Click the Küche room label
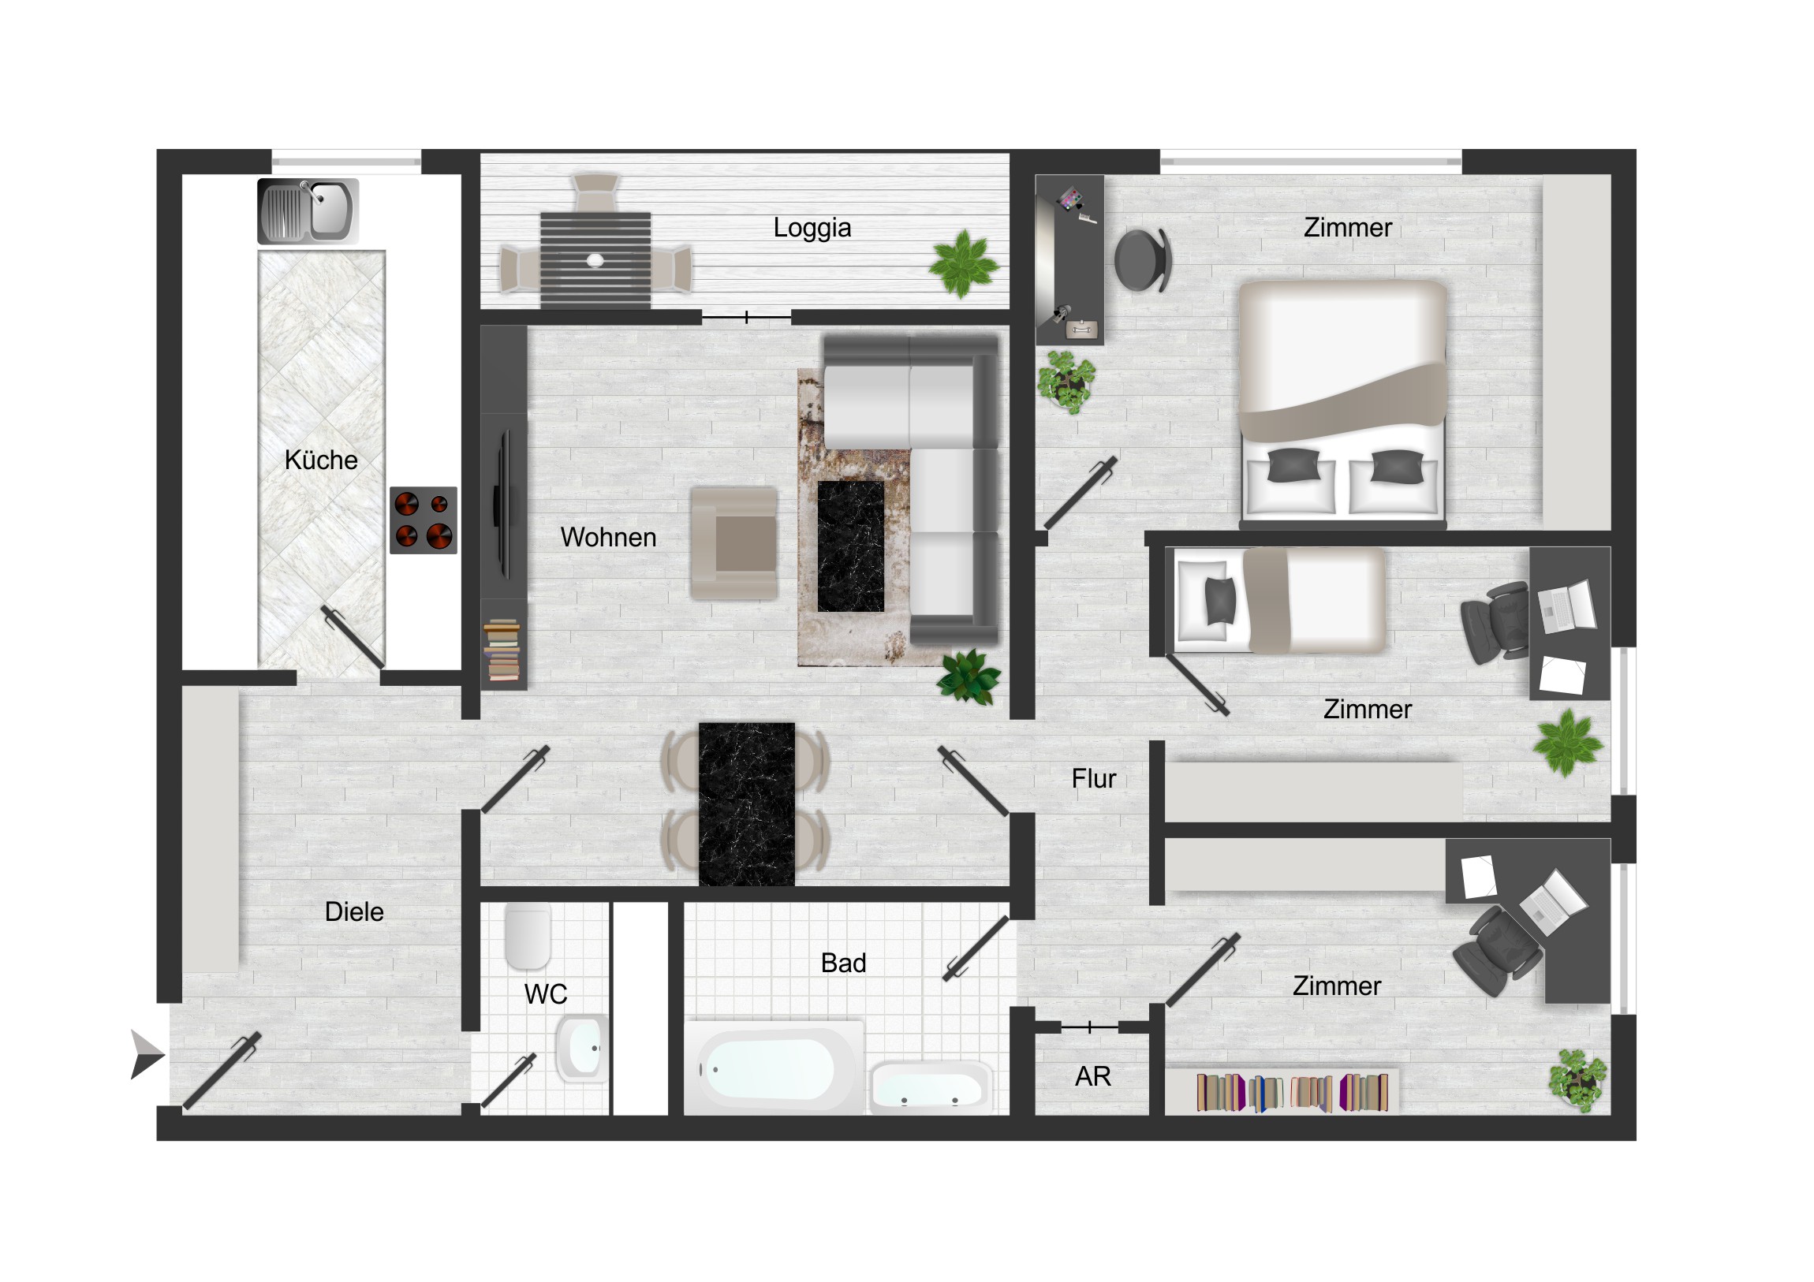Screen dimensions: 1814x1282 321,460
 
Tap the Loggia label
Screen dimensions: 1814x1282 812,229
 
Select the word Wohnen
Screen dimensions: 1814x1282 608,538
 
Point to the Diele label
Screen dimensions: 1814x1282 354,912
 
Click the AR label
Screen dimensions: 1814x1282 1092,1077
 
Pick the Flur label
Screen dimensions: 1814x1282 1093,779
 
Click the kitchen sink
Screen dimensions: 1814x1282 308,211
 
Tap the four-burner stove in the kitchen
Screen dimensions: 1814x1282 424,520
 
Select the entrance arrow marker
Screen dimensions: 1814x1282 147,1054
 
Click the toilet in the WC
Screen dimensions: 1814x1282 528,936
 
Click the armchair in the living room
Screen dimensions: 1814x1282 734,543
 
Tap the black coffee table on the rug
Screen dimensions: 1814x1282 851,546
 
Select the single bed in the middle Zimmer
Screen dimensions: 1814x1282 1280,600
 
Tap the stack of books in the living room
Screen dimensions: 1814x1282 502,650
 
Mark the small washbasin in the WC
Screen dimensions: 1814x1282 583,1047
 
